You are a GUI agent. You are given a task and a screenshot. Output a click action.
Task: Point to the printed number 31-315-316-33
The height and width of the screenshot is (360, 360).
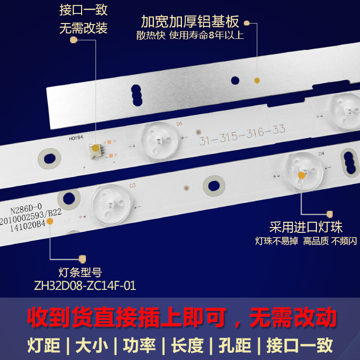[242, 134]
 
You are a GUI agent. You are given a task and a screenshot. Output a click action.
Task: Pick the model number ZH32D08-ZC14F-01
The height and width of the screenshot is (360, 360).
[84, 286]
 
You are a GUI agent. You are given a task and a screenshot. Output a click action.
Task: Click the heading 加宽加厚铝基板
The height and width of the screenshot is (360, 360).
[190, 22]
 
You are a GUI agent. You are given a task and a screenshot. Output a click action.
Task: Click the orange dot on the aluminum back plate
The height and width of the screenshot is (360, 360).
[256, 80]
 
